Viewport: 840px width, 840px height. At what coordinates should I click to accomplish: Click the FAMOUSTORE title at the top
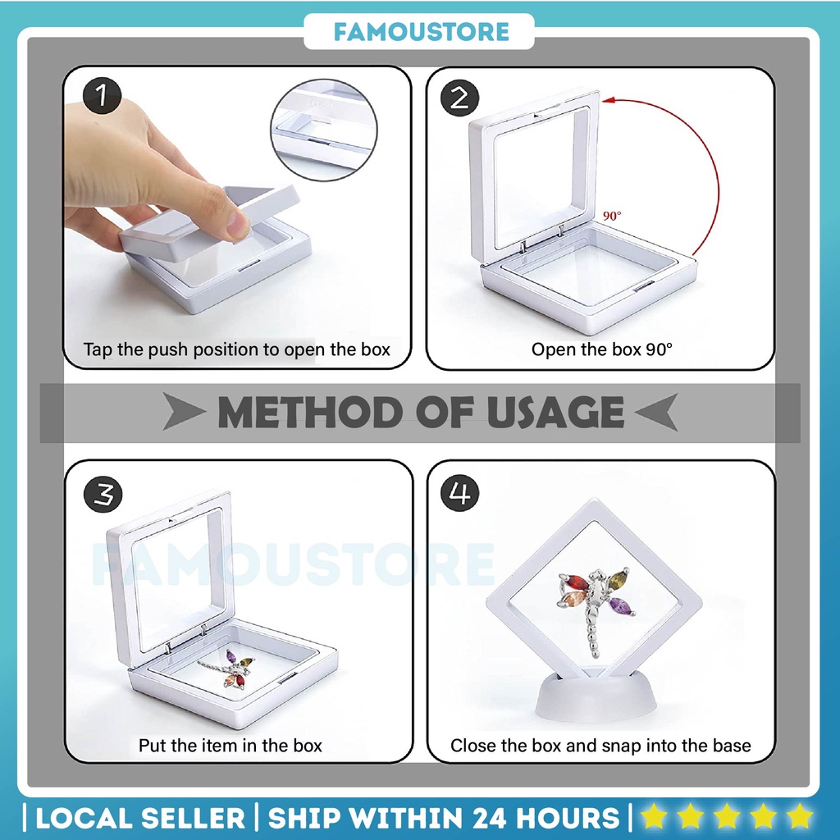tap(420, 32)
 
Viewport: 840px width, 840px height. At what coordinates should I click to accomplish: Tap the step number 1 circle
tap(102, 98)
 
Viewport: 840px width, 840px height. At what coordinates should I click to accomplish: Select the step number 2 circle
tap(460, 99)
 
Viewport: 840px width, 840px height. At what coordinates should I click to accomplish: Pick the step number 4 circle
tap(460, 495)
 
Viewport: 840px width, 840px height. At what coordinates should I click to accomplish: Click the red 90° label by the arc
tap(612, 216)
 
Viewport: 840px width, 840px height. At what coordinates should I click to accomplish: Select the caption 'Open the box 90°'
tap(601, 349)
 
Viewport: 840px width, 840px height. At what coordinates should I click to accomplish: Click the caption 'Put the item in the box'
tap(231, 746)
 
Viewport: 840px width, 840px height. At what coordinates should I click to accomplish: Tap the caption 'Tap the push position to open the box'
tap(237, 349)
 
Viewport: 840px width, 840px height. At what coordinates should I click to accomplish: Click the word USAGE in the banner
tap(555, 412)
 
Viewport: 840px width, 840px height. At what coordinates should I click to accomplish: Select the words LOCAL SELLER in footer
tap(139, 817)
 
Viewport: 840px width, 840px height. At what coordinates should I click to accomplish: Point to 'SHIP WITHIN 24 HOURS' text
tap(444, 817)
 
